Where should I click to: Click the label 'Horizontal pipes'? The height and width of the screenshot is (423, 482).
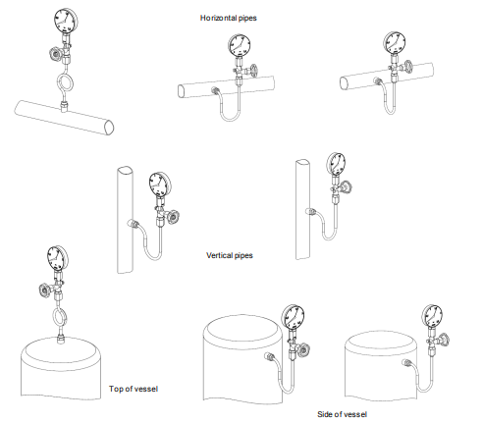click(229, 18)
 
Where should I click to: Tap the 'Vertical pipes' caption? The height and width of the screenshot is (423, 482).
click(230, 255)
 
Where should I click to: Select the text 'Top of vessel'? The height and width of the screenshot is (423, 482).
click(134, 389)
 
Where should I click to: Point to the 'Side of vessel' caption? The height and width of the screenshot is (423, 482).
click(342, 414)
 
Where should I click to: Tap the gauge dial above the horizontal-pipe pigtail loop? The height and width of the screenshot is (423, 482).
click(66, 21)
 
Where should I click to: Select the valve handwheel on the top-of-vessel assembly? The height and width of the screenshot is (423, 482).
click(44, 290)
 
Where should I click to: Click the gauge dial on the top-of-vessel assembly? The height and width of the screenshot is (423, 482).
click(58, 257)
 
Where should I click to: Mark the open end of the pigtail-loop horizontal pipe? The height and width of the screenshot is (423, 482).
click(109, 128)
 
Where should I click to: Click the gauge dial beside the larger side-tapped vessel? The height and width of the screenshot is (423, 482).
click(294, 317)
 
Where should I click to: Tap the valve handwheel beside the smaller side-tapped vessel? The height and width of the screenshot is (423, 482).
click(444, 340)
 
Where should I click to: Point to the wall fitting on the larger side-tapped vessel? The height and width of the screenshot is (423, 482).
click(268, 356)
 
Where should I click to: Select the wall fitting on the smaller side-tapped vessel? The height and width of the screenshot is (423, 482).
click(405, 362)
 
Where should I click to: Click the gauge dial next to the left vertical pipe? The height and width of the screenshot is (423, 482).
click(160, 185)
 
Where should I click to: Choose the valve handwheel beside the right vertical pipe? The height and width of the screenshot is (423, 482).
click(346, 187)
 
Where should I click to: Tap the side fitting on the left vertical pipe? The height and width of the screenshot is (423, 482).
click(133, 224)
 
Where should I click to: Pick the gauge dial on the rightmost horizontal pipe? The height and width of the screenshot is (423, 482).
click(395, 42)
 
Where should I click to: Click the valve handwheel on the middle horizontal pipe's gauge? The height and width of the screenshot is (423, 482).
click(254, 71)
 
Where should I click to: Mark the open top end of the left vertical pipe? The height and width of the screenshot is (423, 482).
click(126, 171)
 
